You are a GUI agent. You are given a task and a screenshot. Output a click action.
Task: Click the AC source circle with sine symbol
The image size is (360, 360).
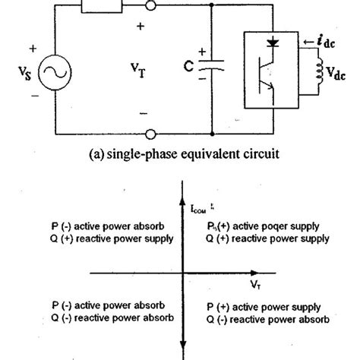point(57,72)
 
